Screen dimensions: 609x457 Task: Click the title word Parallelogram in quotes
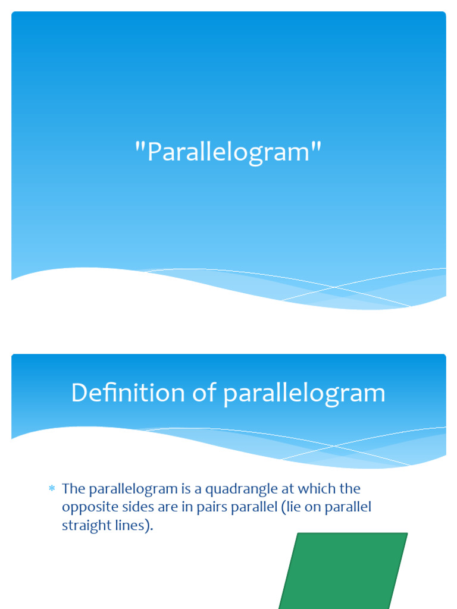click(228, 152)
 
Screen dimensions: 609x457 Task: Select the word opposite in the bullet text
click(86, 508)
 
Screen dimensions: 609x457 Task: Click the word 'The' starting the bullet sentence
click(74, 489)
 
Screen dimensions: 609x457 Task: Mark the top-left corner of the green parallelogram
click(298, 533)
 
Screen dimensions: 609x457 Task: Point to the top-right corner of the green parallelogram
click(407, 533)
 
